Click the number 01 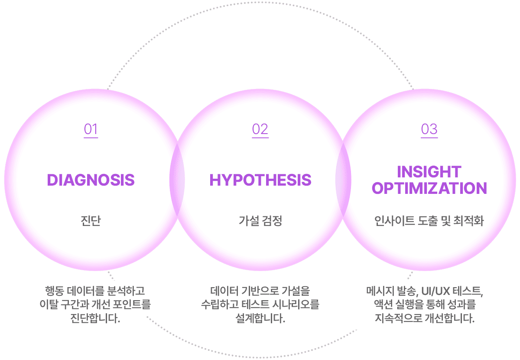click(x=91, y=129)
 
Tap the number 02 click(x=260, y=129)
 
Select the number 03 click(x=429, y=129)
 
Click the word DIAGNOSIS click(x=91, y=180)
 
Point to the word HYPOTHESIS click(x=260, y=180)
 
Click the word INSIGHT click(x=429, y=172)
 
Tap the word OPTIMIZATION click(x=429, y=189)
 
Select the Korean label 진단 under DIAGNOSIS click(x=91, y=221)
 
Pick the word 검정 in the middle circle click(x=272, y=221)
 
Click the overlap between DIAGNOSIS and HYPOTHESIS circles click(x=176, y=180)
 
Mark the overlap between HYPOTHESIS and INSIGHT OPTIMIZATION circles click(x=343, y=180)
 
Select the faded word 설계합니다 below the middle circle click(x=260, y=319)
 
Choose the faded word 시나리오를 click(x=296, y=304)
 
